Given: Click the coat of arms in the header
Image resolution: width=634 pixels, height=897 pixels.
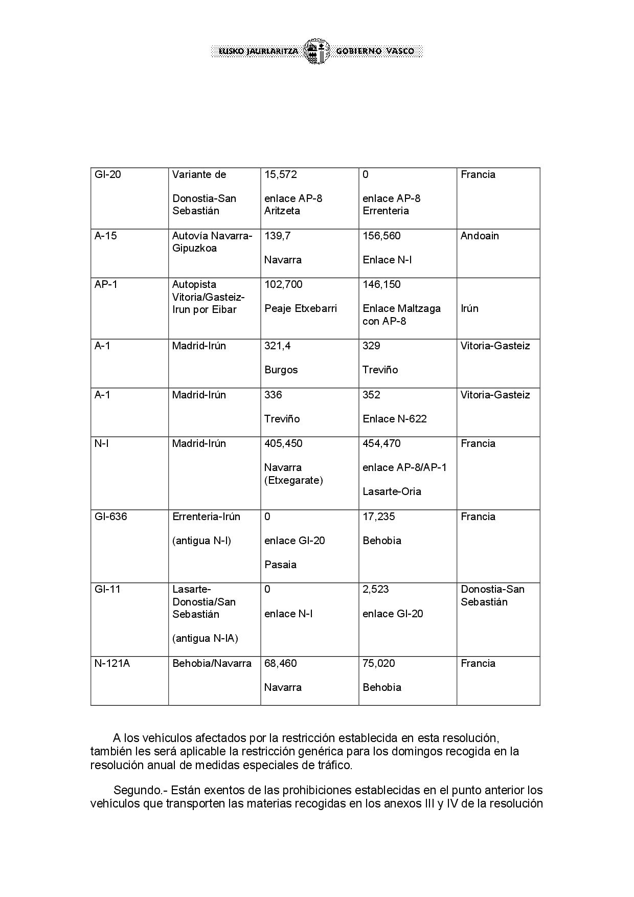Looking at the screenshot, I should [317, 51].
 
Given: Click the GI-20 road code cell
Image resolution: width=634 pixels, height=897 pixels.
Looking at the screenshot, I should [108, 174].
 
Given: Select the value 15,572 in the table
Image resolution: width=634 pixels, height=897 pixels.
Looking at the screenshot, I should [281, 174].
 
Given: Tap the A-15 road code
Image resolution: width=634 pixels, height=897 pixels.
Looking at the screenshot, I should [106, 236].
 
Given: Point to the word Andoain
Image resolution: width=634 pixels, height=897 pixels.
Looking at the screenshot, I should [480, 236].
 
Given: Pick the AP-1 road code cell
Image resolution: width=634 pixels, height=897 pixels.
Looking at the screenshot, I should [106, 284].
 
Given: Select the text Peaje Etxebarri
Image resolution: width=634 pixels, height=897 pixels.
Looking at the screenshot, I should [301, 308].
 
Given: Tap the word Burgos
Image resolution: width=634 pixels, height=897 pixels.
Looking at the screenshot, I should [281, 370].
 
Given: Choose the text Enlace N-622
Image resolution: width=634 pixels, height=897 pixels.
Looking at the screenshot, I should [394, 419].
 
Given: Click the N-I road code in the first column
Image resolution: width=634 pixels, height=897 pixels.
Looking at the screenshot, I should [101, 443].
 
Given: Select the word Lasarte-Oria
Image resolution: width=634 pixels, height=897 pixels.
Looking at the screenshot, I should [392, 491].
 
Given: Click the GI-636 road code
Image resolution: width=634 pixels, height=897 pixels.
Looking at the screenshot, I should [110, 517].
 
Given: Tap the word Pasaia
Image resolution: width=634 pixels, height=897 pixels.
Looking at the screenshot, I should [280, 565].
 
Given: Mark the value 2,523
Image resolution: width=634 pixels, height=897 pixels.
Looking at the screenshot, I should [376, 589].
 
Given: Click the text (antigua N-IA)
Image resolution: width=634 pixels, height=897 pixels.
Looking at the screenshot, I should [205, 638].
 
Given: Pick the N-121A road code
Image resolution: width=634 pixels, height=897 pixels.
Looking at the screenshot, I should [112, 663].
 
